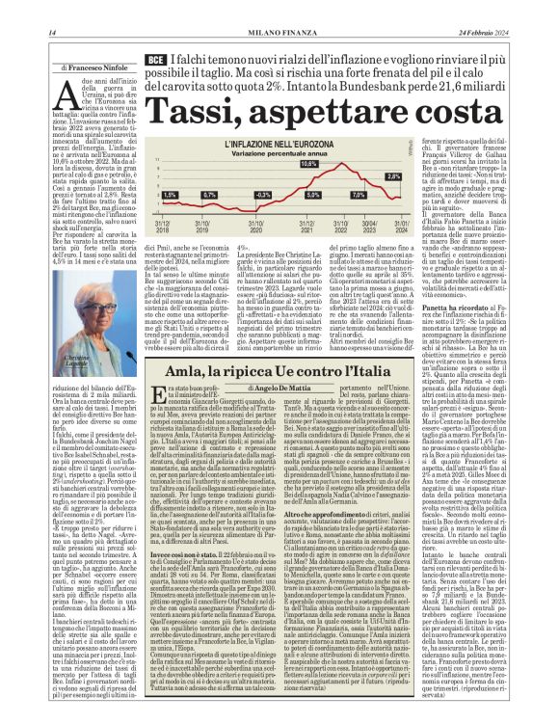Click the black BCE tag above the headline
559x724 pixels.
click(155, 61)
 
